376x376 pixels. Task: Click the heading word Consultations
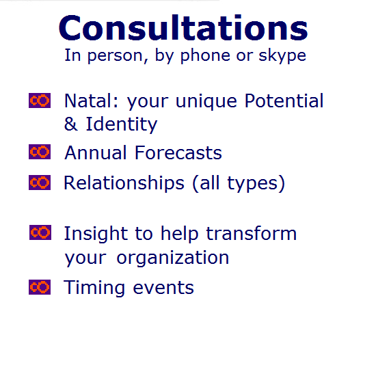tap(183, 28)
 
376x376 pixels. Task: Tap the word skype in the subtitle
tap(282, 56)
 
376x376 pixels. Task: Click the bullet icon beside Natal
tap(40, 100)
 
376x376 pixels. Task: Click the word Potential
tap(284, 100)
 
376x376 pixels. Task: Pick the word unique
tap(206, 102)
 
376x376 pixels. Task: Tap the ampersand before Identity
tap(70, 124)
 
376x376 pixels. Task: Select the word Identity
tap(122, 124)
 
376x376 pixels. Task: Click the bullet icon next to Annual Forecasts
tap(40, 152)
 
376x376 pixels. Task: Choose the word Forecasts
tap(178, 152)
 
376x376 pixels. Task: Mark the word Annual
tap(96, 152)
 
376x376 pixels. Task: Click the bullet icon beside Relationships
tap(40, 183)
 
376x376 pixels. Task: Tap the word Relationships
tap(124, 183)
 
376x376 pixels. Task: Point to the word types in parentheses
tap(252, 184)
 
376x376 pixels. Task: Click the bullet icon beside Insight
tap(40, 232)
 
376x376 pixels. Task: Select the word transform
tap(252, 233)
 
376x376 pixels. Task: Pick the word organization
tap(173, 258)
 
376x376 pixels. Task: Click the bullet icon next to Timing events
tap(40, 287)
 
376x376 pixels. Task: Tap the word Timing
tap(94, 288)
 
